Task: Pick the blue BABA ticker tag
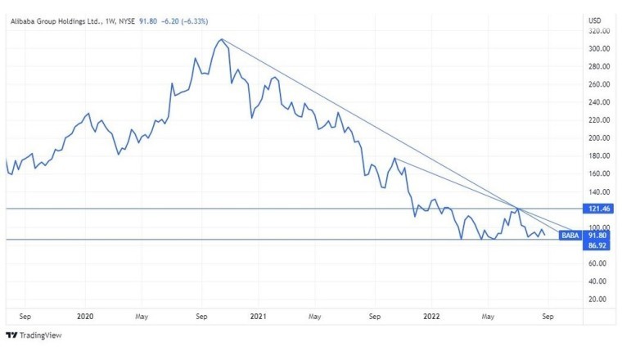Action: pyautogui.click(x=570, y=235)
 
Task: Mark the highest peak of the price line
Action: pyautogui.click(x=221, y=39)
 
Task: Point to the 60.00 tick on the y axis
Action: pyautogui.click(x=600, y=263)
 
